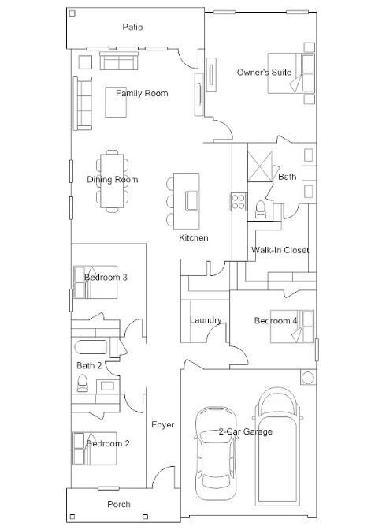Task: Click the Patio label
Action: click(x=132, y=27)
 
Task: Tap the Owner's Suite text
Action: click(x=264, y=72)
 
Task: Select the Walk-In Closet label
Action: click(x=280, y=250)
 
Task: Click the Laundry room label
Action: click(x=206, y=320)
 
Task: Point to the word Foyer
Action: click(x=163, y=424)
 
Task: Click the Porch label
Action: click(x=119, y=504)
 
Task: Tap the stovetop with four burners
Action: click(x=239, y=201)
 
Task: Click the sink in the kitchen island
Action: click(x=192, y=201)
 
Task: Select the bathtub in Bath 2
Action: click(x=91, y=347)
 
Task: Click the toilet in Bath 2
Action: click(x=83, y=383)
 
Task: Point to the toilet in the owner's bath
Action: click(x=260, y=210)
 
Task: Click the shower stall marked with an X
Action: click(x=260, y=166)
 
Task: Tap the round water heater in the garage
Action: click(x=308, y=378)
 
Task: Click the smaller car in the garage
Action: click(x=215, y=453)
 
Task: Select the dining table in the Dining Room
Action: click(x=112, y=181)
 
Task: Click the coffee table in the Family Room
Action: click(x=116, y=102)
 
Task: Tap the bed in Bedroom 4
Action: click(x=292, y=327)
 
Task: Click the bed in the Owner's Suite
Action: click(x=291, y=73)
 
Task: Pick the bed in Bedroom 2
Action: click(x=95, y=449)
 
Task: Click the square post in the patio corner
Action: click(x=72, y=13)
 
